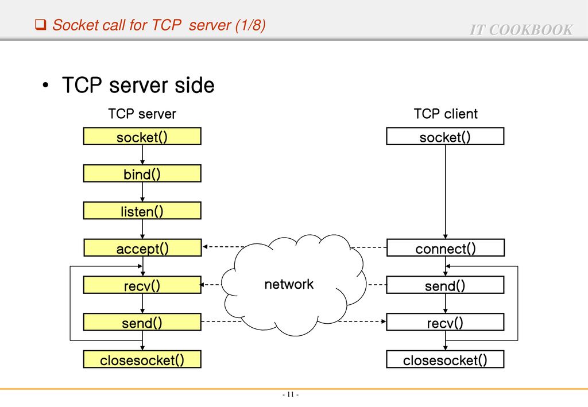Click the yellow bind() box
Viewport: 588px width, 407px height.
[x=142, y=173]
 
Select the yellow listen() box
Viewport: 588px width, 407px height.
[x=142, y=211]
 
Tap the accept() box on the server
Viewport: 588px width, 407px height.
[x=142, y=248]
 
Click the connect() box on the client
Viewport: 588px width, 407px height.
[x=446, y=248]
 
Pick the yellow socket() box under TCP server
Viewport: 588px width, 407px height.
[x=142, y=136]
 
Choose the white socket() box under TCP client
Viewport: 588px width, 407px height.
[x=445, y=136]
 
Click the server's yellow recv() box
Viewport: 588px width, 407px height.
[x=142, y=285]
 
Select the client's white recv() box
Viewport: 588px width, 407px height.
[x=445, y=322]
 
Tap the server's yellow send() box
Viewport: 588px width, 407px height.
[x=142, y=322]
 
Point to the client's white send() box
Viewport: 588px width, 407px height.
[x=445, y=285]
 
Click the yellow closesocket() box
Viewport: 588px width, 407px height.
[x=142, y=359]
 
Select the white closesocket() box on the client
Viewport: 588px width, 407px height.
[x=445, y=359]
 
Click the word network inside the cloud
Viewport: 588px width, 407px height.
[x=289, y=284]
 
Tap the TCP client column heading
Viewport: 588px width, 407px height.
[x=446, y=114]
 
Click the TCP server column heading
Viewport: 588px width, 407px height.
[x=142, y=114]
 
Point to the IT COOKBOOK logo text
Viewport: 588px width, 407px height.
[x=521, y=30]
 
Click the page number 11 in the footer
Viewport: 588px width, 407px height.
[x=290, y=394]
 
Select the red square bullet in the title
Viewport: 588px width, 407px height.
[x=41, y=25]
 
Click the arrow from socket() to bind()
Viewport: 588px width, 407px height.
[x=142, y=155]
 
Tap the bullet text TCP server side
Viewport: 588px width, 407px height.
[x=138, y=85]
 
